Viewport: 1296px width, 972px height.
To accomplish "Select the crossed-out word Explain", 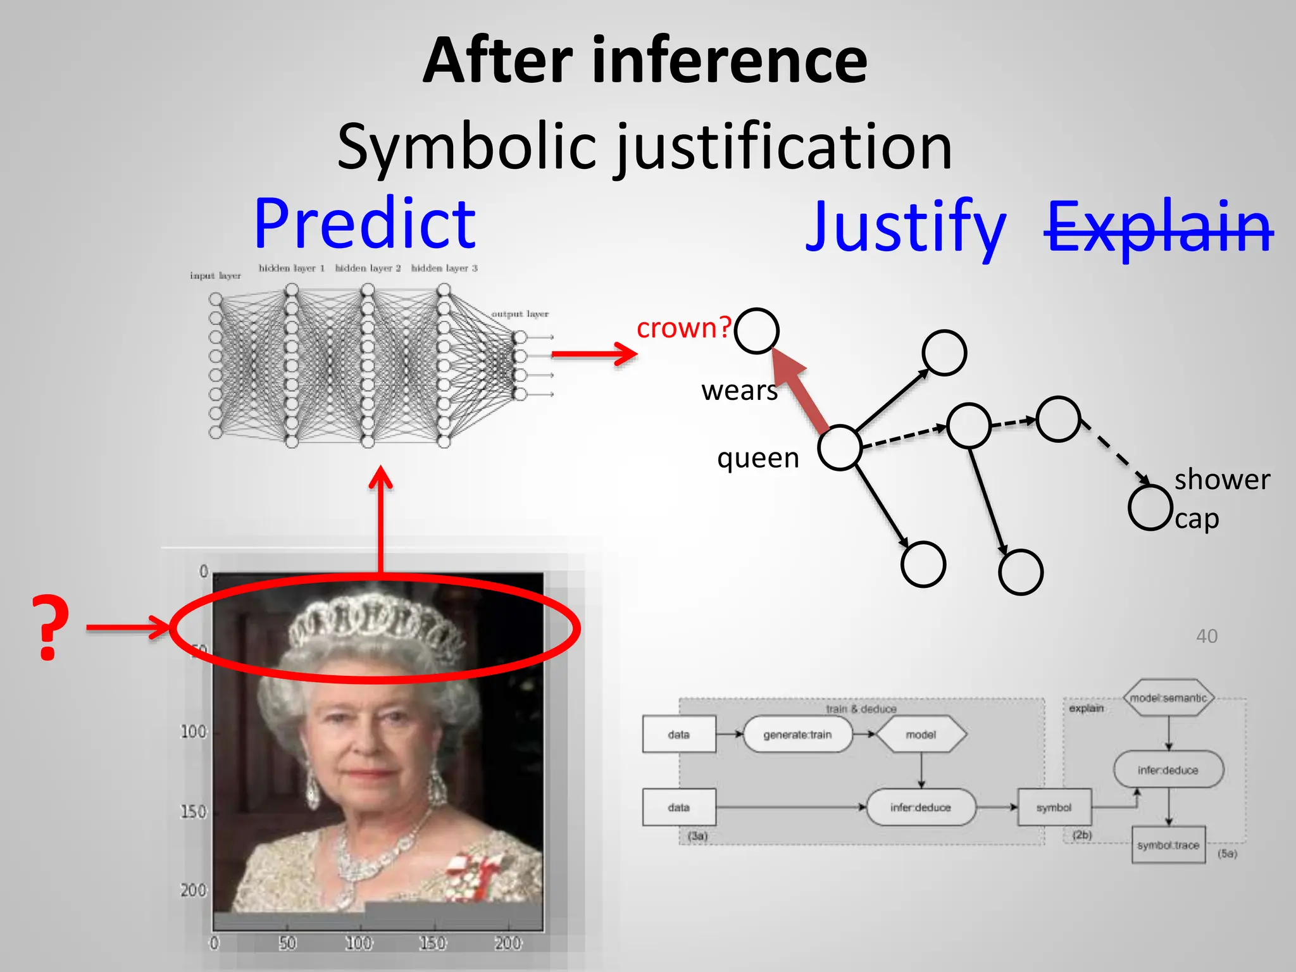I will coord(1158,226).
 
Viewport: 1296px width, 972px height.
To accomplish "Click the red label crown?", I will coord(683,328).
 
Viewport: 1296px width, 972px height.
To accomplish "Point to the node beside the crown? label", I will coord(756,330).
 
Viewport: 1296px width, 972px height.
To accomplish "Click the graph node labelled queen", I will coord(840,447).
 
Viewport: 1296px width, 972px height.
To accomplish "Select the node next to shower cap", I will coord(1150,507).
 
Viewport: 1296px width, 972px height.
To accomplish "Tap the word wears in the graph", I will coord(739,390).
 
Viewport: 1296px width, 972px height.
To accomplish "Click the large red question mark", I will coord(50,628).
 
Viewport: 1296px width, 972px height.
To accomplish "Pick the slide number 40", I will coord(1206,636).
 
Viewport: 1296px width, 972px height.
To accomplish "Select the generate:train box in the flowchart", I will coord(797,735).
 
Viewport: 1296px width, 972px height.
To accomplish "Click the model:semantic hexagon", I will coord(1168,698).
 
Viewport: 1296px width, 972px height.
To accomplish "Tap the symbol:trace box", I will coord(1168,845).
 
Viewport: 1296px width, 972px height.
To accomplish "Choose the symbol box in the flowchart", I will coord(1054,807).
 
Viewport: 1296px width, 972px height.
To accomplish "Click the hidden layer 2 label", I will coord(368,268).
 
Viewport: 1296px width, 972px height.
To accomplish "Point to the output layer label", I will coord(520,314).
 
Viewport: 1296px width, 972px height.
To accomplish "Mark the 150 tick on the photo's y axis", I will coord(193,811).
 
